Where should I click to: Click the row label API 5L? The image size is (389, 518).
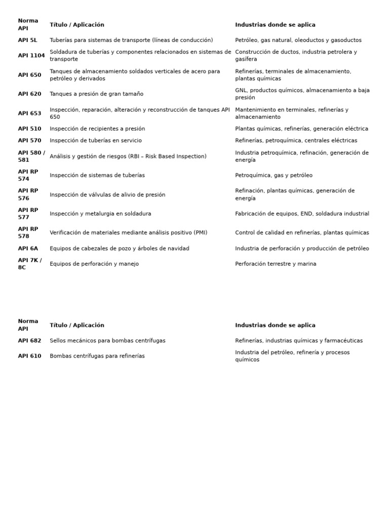point(27,40)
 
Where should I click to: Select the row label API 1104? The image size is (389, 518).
point(31,56)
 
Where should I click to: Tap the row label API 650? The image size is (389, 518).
point(29,75)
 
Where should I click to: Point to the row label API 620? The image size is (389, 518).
point(29,94)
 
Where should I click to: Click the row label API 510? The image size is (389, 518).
point(29,129)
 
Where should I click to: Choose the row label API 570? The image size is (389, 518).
point(29,141)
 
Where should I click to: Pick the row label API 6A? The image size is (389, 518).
point(28,249)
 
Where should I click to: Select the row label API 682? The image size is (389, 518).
point(29,341)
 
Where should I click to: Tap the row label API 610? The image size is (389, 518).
point(29,356)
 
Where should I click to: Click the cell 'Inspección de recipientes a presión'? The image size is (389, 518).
point(97,129)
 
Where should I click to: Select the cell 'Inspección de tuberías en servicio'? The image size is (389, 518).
point(96,141)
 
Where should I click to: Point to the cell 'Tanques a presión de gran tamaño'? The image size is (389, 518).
point(96,94)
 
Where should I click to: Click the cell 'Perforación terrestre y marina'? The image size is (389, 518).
point(276,264)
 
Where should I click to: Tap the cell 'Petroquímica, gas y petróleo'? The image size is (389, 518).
point(274,176)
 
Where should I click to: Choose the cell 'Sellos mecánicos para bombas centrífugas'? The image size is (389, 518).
point(107,341)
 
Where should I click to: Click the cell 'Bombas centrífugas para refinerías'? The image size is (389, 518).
point(97,356)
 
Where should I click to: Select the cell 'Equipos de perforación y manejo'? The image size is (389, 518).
point(94,264)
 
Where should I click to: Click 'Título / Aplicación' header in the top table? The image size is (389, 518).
point(77,25)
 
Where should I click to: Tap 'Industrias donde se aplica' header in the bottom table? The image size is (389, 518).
point(275,325)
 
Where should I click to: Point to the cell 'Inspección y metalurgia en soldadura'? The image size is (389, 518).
point(100,214)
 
